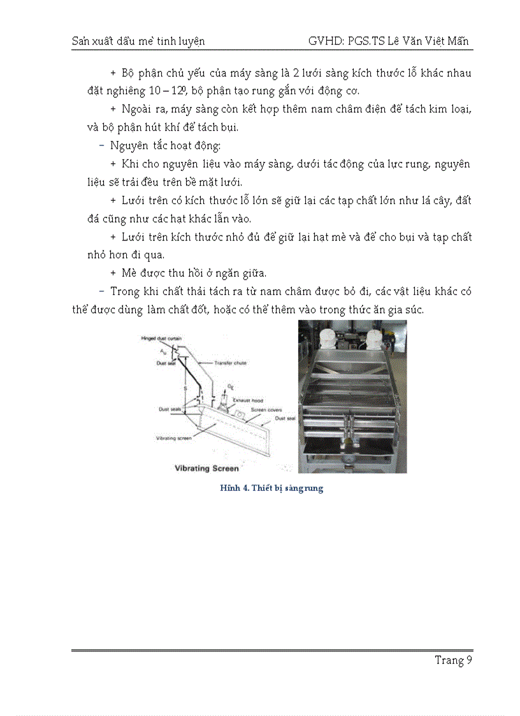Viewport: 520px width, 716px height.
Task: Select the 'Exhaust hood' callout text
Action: [245, 400]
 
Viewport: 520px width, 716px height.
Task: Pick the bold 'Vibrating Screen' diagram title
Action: [206, 468]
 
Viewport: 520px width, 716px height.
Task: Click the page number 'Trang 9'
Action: [453, 660]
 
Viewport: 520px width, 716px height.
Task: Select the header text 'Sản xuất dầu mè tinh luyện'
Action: [138, 41]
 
